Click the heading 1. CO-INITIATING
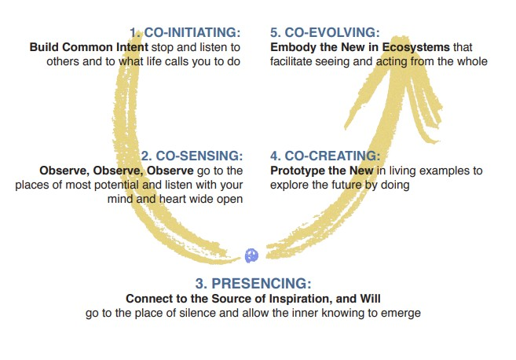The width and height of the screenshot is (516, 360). (x=185, y=32)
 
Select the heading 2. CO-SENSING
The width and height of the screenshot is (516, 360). (x=192, y=156)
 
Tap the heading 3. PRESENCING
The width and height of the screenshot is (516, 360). (x=253, y=284)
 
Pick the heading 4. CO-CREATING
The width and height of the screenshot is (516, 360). (x=325, y=156)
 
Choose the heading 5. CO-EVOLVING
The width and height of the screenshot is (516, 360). (x=325, y=32)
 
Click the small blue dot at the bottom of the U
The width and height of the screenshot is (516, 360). (x=252, y=255)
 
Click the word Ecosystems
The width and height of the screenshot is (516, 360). (x=416, y=47)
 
